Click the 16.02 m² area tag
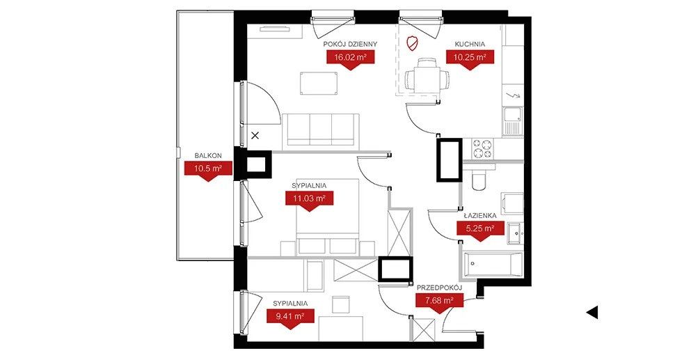[x=350, y=58]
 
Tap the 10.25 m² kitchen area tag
[x=470, y=58]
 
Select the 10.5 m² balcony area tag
[x=208, y=169]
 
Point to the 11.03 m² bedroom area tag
[x=310, y=198]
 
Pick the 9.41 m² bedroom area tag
[x=290, y=316]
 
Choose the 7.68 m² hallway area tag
[x=439, y=301]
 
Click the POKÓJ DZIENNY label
[x=350, y=44]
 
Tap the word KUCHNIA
[x=470, y=44]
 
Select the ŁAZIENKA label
[x=480, y=216]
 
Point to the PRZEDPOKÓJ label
[x=439, y=288]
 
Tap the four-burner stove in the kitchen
[x=482, y=148]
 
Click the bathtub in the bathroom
[x=491, y=265]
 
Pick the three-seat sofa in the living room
[x=321, y=130]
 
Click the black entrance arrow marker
[x=592, y=313]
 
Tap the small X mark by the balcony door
[x=255, y=136]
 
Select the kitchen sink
[x=513, y=121]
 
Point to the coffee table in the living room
[x=319, y=84]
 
